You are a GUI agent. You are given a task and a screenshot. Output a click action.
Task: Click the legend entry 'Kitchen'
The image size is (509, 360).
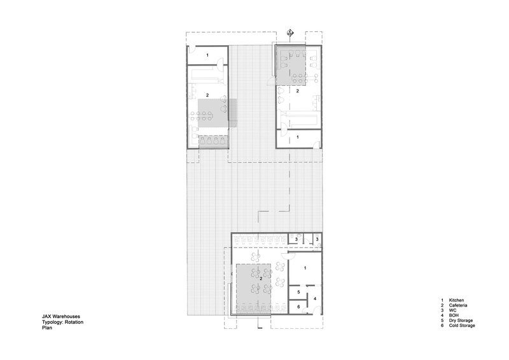(456, 300)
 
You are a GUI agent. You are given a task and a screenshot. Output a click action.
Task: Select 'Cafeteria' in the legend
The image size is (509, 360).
(458, 305)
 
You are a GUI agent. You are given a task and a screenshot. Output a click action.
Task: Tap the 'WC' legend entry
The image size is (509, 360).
(452, 310)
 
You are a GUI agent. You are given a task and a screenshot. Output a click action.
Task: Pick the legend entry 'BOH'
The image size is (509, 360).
(454, 315)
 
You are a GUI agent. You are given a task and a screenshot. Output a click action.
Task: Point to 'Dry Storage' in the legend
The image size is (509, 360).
(461, 321)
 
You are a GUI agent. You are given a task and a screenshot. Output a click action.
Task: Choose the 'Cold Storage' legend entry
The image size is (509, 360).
(462, 325)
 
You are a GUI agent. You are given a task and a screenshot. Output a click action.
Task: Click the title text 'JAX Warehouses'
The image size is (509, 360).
(60, 316)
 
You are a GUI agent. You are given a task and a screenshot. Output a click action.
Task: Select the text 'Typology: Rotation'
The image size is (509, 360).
(62, 322)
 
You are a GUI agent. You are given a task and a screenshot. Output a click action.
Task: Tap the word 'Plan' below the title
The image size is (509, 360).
(46, 328)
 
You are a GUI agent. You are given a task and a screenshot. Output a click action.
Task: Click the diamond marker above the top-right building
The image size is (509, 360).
(290, 32)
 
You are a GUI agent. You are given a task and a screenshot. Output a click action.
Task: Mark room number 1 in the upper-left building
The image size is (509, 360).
(208, 55)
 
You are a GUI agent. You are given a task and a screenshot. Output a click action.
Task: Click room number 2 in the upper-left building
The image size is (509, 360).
(207, 95)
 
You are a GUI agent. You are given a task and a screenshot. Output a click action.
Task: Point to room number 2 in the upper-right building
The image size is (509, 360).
(297, 91)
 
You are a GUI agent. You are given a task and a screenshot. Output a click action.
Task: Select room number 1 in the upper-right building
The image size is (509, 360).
(298, 137)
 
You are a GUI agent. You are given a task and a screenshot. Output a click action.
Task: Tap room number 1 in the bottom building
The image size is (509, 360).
(305, 268)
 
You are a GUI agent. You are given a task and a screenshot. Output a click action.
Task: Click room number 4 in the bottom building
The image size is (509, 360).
(314, 299)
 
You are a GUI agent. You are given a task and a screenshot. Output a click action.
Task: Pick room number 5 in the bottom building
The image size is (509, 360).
(298, 292)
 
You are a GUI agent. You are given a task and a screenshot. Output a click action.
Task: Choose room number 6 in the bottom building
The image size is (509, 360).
(298, 307)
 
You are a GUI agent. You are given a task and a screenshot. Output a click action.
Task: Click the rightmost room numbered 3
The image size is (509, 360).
(317, 239)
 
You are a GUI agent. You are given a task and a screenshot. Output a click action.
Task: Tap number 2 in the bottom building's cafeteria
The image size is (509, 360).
(261, 278)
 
